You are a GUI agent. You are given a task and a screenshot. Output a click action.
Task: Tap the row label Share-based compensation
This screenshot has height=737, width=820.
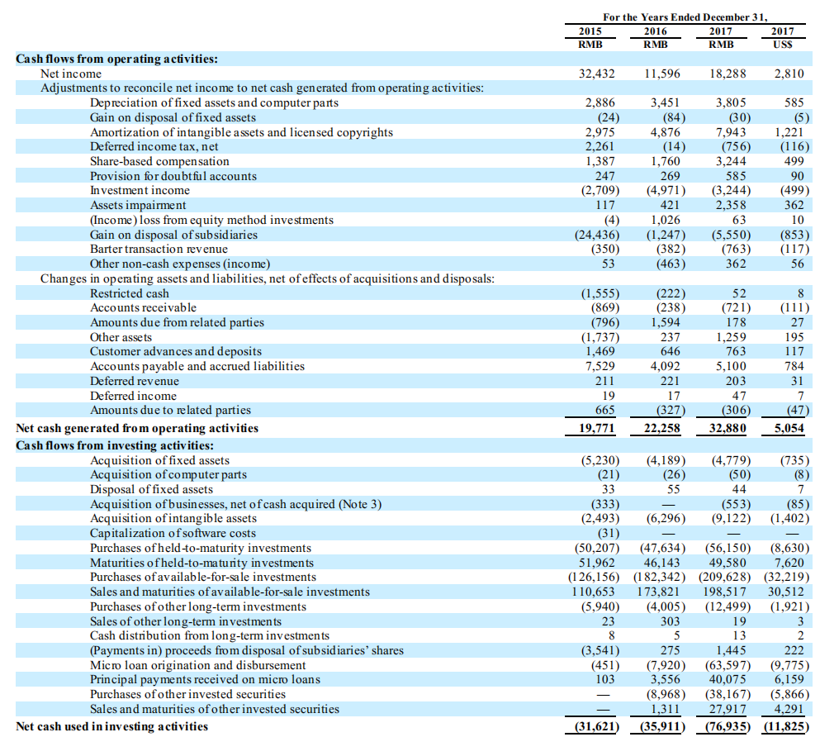coord(159,161)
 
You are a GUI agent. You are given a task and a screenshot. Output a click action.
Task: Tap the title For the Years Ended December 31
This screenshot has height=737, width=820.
coord(685,17)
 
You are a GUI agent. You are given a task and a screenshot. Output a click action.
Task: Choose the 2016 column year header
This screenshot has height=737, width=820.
coord(654,31)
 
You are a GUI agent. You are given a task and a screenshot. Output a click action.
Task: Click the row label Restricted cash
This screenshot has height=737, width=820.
coord(129,293)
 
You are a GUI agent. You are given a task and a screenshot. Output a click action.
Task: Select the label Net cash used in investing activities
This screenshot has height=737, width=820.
coord(112,726)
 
